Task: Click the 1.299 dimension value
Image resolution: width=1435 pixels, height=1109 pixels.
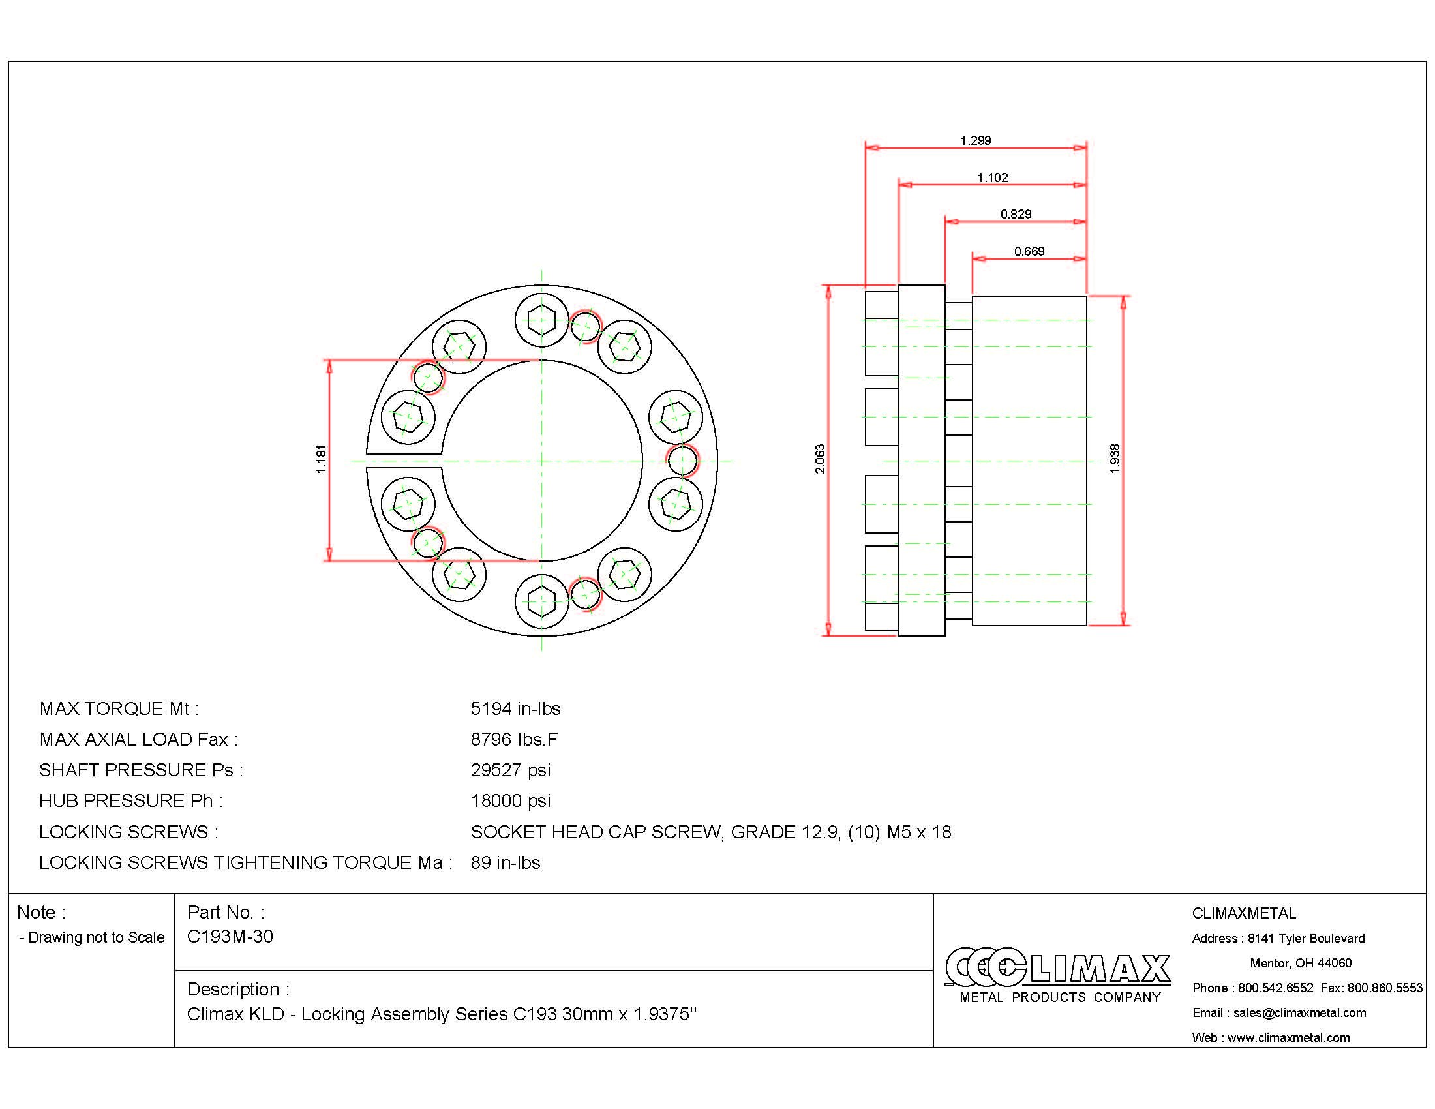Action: (975, 140)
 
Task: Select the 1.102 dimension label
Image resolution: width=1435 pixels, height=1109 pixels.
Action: (992, 177)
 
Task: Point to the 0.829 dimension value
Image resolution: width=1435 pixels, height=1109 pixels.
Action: (1016, 214)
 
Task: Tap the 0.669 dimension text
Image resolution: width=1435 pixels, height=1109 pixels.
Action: (1029, 251)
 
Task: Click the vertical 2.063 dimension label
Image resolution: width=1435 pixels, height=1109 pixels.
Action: (820, 459)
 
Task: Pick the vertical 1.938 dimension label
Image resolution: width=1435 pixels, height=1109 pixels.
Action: (1114, 459)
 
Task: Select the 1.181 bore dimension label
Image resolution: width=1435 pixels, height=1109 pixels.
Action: (321, 459)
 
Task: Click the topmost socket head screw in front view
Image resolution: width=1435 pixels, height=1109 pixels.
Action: (541, 321)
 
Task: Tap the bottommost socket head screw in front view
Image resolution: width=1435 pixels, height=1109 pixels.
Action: (541, 600)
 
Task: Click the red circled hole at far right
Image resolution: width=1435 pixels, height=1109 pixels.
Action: (682, 460)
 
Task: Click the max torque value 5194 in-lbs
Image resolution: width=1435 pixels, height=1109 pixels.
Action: (515, 709)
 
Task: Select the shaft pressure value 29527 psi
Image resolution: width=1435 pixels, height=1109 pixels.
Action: (511, 770)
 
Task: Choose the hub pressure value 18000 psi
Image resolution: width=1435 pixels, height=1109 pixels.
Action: (511, 801)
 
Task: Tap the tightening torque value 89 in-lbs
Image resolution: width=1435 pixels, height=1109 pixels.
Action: (506, 862)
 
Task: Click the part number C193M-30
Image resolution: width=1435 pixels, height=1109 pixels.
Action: (230, 936)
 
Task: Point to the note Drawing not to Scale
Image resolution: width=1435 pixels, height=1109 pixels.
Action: (93, 937)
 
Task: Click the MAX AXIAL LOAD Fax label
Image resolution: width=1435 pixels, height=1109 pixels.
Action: (139, 740)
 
